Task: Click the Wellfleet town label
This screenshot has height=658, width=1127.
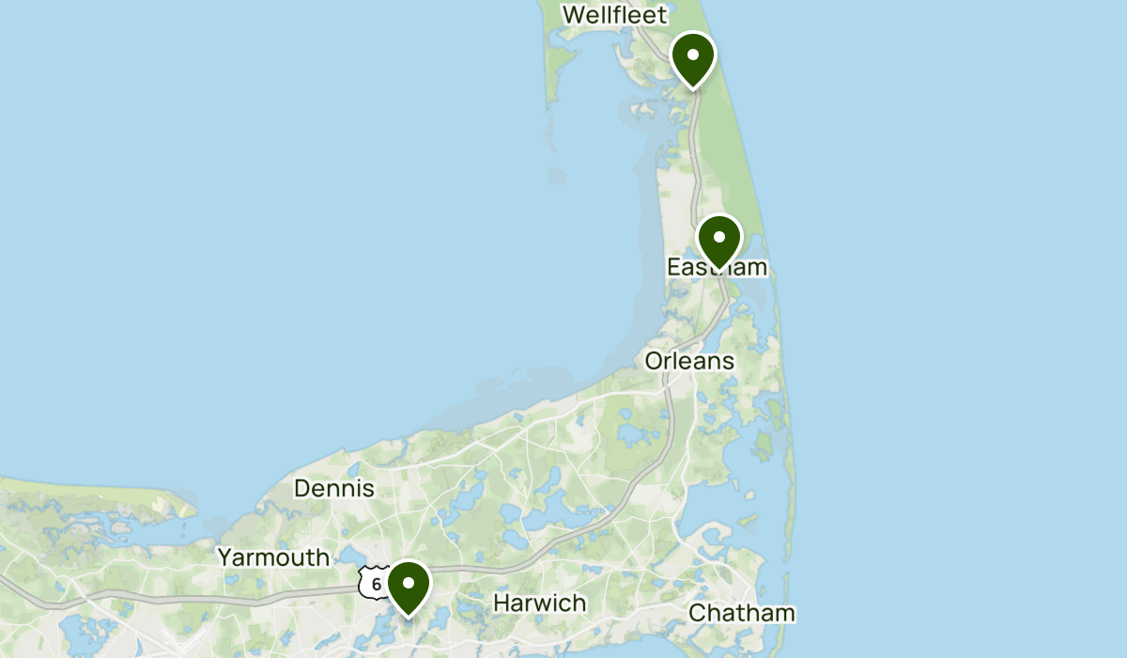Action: (x=614, y=14)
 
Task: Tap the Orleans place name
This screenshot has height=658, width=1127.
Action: (x=689, y=361)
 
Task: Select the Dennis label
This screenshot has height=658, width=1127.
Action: (x=334, y=488)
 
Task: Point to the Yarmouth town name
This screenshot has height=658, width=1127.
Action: (x=273, y=556)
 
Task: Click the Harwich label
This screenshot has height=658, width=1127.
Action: (x=540, y=603)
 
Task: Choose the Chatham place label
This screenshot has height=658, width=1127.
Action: (x=742, y=613)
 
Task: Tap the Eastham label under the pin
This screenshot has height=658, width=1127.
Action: (x=717, y=268)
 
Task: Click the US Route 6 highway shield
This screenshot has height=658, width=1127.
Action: (x=375, y=584)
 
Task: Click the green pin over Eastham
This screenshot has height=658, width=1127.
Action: (x=719, y=240)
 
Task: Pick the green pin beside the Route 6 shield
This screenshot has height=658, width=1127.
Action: (x=409, y=586)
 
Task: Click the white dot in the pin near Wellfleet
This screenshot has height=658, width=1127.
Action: (x=692, y=55)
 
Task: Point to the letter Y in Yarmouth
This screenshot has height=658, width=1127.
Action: (x=225, y=556)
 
